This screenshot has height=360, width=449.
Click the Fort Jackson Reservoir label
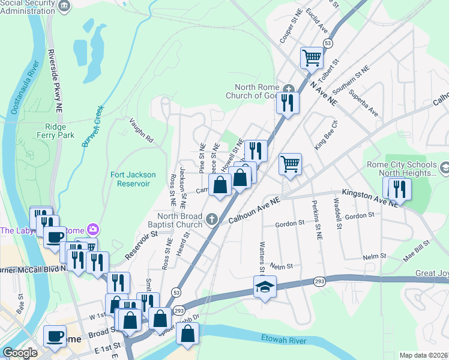point(133,179)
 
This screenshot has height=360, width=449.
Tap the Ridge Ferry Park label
point(59,131)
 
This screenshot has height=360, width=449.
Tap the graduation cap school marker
point(263,287)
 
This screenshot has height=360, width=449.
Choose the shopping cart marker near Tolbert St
point(312,58)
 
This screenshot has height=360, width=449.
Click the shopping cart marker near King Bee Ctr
point(290,164)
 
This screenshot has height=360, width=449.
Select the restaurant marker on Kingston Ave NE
point(399,189)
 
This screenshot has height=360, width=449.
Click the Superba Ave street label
point(364,103)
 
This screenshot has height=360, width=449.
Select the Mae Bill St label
point(417,262)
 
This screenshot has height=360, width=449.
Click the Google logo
point(20,353)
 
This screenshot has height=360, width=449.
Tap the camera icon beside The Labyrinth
point(93,229)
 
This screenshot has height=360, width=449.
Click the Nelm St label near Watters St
point(281,266)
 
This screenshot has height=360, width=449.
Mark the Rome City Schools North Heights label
point(403,169)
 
